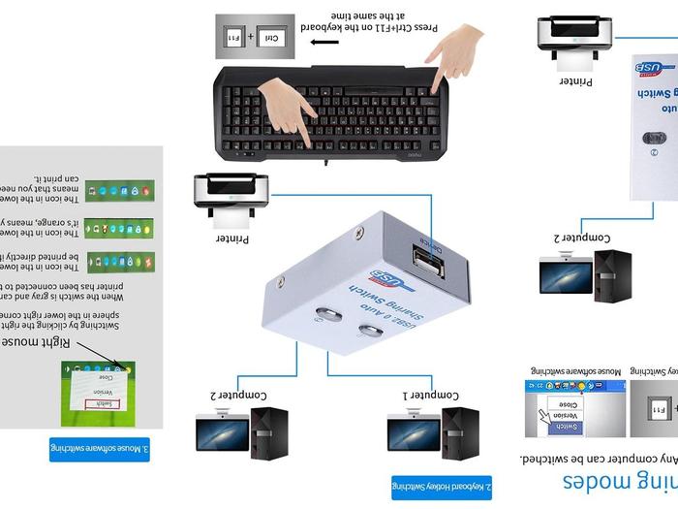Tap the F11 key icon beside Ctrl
(232, 36)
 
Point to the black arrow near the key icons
(325, 43)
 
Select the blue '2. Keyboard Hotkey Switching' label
(442, 486)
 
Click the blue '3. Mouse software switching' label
(100, 449)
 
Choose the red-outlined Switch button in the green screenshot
(104, 403)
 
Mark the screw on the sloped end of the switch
(360, 232)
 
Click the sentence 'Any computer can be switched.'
(598, 458)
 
